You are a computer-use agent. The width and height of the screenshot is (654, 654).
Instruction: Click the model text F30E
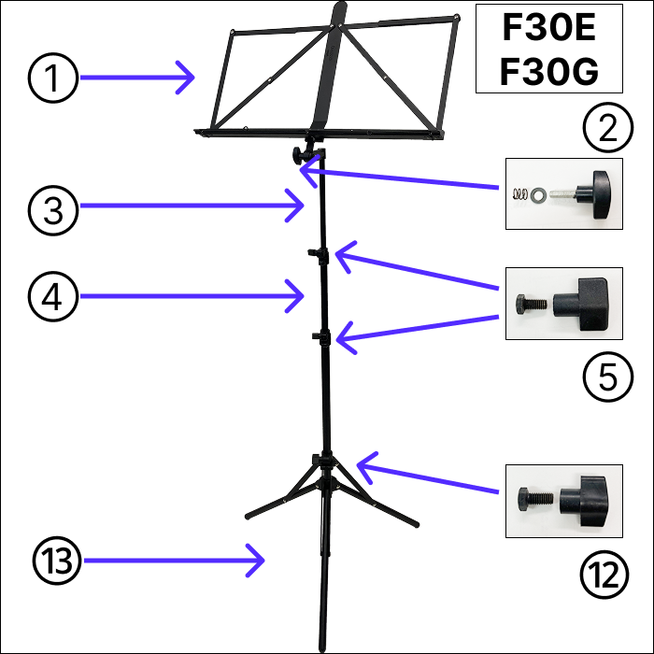(549, 30)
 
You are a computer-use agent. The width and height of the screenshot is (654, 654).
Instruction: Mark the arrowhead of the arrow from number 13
(263, 562)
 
